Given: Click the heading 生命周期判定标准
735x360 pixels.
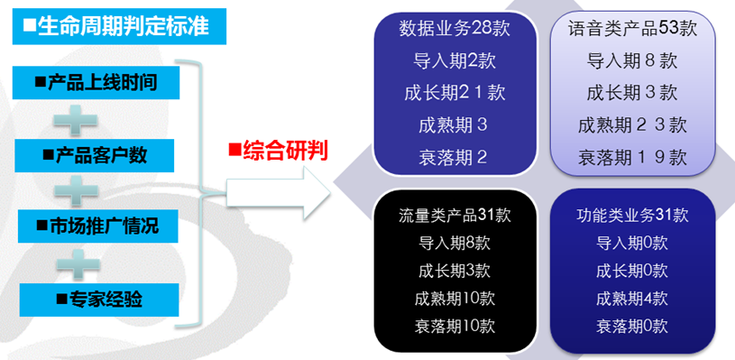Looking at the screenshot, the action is coord(119,26).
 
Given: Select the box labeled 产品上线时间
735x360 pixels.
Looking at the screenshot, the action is coord(96,82).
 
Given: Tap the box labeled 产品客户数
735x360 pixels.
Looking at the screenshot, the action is coord(94,155).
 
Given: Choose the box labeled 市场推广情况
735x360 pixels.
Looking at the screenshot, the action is coord(98,226).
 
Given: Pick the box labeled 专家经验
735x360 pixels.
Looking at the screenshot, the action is coord(99,299).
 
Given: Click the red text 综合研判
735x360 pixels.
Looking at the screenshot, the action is coord(278,152).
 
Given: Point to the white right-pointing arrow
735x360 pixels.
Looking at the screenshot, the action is coord(279,193).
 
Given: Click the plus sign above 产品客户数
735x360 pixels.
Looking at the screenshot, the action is coord(76,120).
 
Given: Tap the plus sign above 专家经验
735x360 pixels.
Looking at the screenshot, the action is coord(78,264).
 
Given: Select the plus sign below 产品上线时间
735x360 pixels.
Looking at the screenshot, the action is coord(76,120).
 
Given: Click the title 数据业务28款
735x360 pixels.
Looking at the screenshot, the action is coord(455,29).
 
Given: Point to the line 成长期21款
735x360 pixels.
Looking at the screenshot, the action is coord(455,92).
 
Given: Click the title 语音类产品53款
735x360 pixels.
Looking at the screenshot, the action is coord(632,29).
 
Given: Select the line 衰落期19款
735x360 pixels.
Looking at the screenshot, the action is coord(632,157).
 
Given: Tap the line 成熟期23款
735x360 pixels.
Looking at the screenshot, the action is coord(632,125).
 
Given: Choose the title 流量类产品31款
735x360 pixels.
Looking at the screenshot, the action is coord(455,215).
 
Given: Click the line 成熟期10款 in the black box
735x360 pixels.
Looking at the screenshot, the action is coord(455,298).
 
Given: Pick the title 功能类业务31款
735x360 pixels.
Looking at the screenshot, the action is coord(632,215).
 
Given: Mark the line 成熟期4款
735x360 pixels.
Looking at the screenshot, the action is coord(632,298).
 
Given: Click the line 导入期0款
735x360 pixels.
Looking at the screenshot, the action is coord(632,243).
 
